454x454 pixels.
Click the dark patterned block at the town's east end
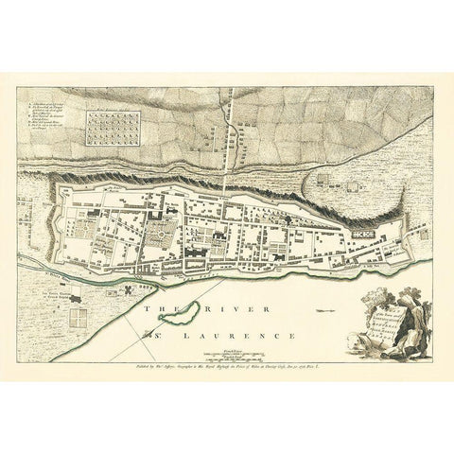[363, 230]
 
